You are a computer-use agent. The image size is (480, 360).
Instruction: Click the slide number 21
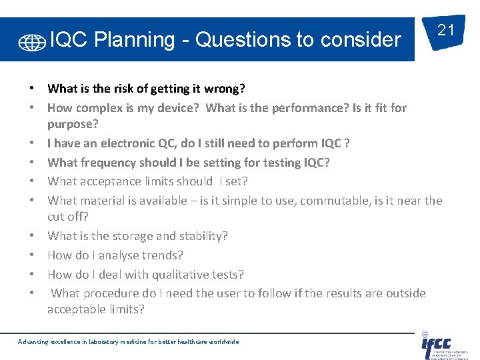(445, 30)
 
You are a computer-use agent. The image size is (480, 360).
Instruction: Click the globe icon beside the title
(32, 42)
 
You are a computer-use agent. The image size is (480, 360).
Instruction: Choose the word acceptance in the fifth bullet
(111, 181)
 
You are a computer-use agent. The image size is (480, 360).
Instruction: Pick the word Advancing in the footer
(33, 342)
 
